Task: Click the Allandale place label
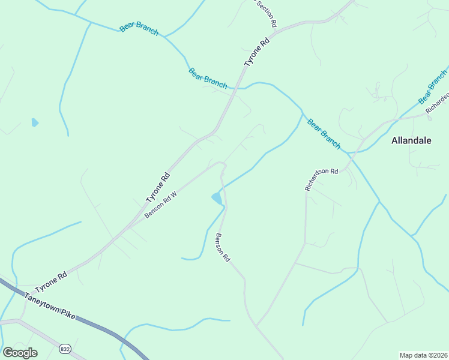pyautogui.click(x=412, y=141)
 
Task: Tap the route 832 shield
pyautogui.click(x=65, y=349)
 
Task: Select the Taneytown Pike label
pyautogui.click(x=50, y=305)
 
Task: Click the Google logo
pyautogui.click(x=20, y=353)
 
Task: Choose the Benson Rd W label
pyautogui.click(x=160, y=205)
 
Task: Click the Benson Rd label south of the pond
pyautogui.click(x=223, y=247)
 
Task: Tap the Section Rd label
pyautogui.click(x=266, y=14)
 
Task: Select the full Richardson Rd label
pyautogui.click(x=321, y=178)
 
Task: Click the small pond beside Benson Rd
pyautogui.click(x=216, y=197)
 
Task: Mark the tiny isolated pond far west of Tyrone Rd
pyautogui.click(x=35, y=122)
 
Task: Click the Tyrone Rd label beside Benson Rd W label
pyautogui.click(x=158, y=188)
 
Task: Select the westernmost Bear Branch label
pyautogui.click(x=139, y=28)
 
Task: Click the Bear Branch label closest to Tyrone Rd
pyautogui.click(x=208, y=77)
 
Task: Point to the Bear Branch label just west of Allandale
pyautogui.click(x=324, y=133)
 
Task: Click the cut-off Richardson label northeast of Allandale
pyautogui.click(x=437, y=103)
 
